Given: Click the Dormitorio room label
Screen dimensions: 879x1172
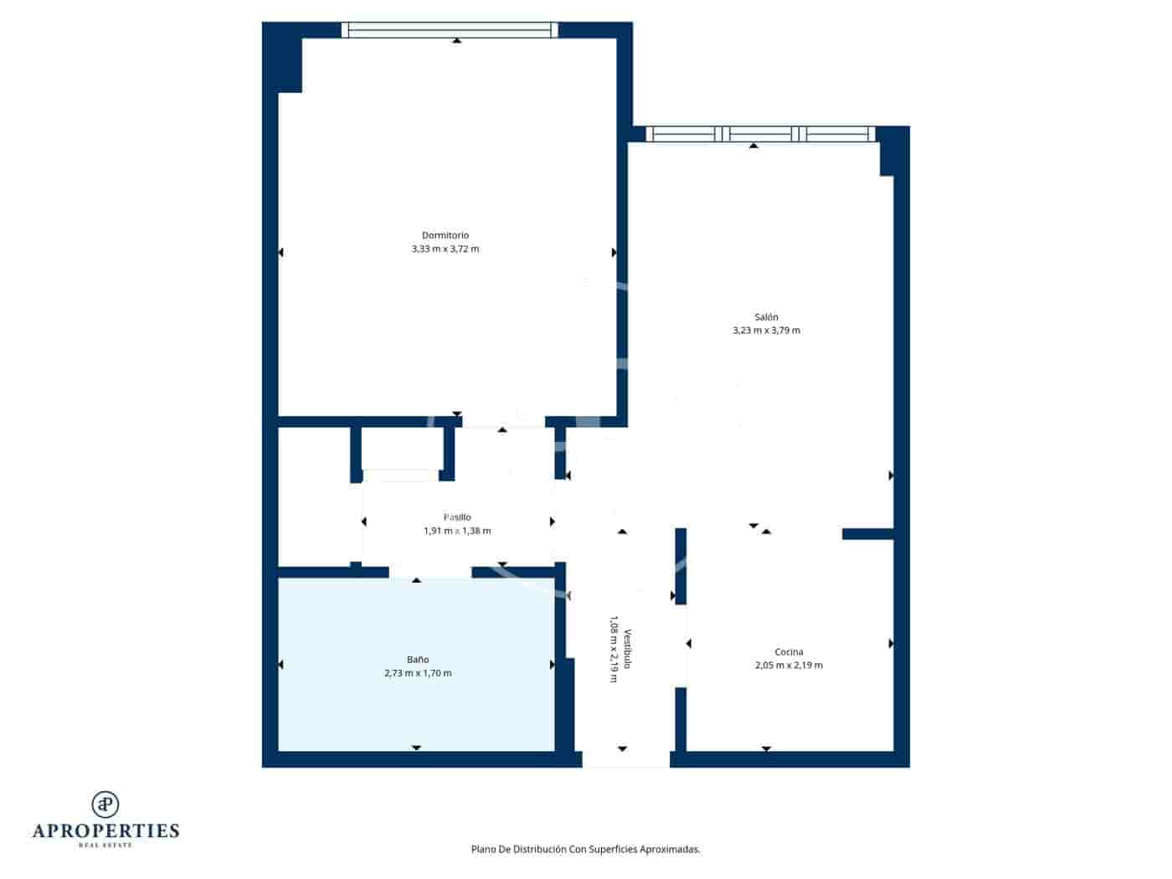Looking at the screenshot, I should (x=445, y=235).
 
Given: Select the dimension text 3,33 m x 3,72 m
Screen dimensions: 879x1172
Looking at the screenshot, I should (x=445, y=249).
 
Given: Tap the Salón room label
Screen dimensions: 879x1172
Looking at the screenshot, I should (x=766, y=317).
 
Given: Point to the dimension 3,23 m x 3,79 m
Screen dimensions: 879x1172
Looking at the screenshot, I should (x=766, y=331).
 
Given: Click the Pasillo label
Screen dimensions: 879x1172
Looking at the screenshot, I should (x=457, y=517).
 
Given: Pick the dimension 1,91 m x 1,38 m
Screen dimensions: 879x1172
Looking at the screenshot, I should (x=457, y=531).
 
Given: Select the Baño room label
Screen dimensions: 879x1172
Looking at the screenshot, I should (x=418, y=660).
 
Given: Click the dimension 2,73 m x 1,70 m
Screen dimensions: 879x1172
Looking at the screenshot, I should (x=418, y=673).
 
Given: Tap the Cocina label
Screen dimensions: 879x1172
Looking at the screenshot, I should (x=789, y=652).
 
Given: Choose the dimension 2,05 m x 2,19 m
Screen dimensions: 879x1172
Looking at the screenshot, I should (x=789, y=666).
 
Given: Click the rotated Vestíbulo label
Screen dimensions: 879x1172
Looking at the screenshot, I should (x=627, y=650).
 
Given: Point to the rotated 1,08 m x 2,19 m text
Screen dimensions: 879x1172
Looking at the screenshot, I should (x=614, y=650).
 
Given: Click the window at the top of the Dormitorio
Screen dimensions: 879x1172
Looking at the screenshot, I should (x=450, y=30).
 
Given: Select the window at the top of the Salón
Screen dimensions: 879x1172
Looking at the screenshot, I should (x=760, y=134).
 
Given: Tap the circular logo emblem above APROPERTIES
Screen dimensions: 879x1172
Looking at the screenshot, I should (x=105, y=804).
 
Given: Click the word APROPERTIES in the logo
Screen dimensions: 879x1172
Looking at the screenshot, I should (x=105, y=831).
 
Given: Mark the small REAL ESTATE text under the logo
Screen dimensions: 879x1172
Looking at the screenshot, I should (x=105, y=846).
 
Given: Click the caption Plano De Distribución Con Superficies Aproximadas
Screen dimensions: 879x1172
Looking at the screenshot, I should (x=585, y=849).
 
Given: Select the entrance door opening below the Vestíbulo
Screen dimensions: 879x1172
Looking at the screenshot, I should (x=625, y=759).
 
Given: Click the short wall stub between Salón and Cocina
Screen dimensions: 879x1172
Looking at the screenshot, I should (x=867, y=534).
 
